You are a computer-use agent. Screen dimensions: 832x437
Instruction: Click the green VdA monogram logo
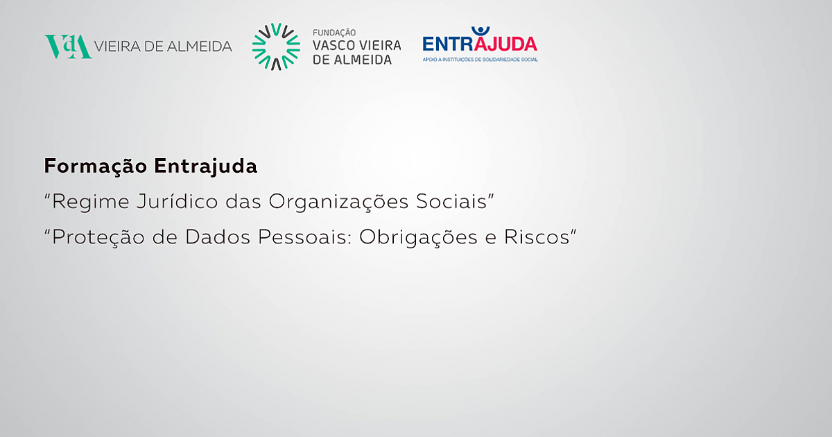[x=68, y=46]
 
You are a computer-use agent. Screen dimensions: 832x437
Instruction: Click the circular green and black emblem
[x=276, y=47]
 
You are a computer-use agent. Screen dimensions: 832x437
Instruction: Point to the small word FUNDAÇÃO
[x=334, y=33]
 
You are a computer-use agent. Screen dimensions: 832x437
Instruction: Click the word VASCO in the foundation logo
[x=331, y=46]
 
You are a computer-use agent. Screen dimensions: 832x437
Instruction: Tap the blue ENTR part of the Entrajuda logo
[x=448, y=44]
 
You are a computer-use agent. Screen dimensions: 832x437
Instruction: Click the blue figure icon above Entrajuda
[x=480, y=31]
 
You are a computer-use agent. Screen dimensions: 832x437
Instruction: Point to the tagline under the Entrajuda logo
[x=480, y=60]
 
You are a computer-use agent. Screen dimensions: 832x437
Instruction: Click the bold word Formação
[x=96, y=166]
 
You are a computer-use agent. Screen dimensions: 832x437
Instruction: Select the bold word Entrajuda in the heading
[x=206, y=166]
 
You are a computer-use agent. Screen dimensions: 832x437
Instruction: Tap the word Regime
[x=91, y=202]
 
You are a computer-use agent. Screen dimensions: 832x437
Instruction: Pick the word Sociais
[x=451, y=201]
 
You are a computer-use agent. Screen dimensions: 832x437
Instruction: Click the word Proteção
[x=98, y=237]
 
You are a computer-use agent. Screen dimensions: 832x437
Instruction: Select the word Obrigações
[x=418, y=237]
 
